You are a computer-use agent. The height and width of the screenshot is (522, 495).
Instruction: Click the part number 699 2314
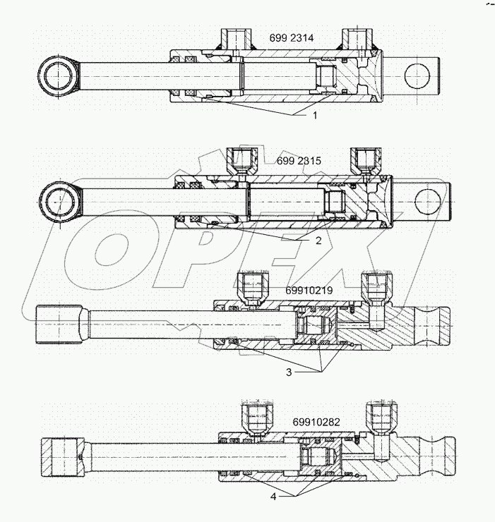click(x=292, y=38)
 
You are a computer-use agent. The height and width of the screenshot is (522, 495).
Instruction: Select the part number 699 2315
click(x=298, y=161)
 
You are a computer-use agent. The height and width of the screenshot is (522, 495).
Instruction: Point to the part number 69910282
click(x=316, y=422)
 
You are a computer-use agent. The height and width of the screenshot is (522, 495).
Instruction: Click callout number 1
click(x=315, y=114)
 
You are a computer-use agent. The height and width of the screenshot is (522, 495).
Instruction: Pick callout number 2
click(x=319, y=241)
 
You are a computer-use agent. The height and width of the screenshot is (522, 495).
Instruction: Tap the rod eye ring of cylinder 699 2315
click(x=63, y=200)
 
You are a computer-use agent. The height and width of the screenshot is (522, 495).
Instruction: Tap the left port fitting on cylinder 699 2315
click(x=241, y=163)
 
